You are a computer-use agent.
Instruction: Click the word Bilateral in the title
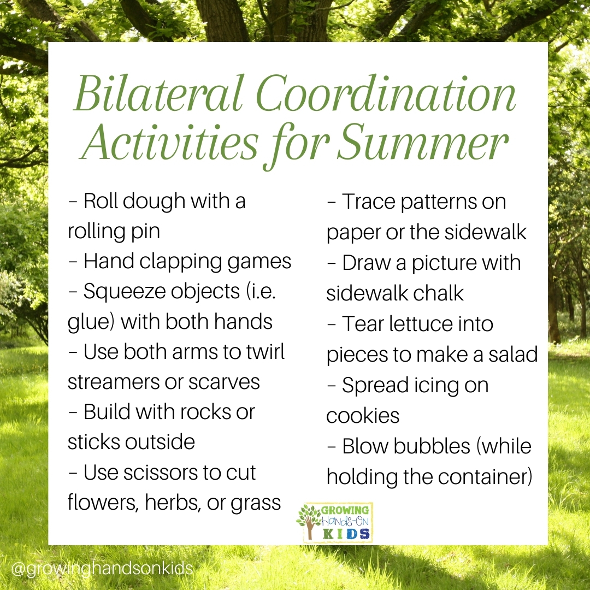coord(158,93)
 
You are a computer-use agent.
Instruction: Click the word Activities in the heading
coord(170,143)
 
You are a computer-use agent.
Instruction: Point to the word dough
coord(154,201)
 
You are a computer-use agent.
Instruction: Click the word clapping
coord(181,262)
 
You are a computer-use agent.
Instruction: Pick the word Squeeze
coord(124,292)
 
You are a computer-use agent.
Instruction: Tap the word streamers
coord(113,382)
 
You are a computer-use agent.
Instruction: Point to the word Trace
coord(368,202)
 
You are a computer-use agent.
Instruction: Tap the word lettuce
coord(421,324)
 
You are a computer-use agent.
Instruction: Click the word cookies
coord(363,416)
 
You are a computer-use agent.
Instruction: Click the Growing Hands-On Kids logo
coord(334,522)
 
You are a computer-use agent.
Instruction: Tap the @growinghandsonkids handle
coord(102,569)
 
